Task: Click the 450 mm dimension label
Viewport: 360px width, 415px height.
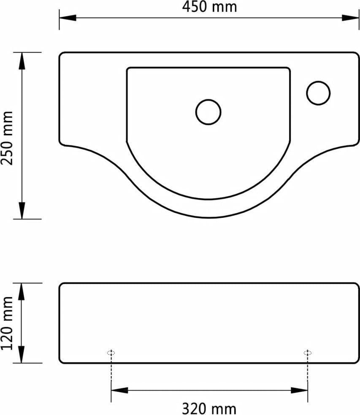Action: coord(209,7)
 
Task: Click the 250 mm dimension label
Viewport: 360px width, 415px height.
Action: coord(7,138)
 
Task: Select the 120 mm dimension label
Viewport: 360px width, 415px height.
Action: coord(7,323)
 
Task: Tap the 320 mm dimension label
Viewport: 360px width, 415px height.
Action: coord(209,409)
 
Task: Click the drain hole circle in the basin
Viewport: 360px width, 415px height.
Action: coord(208,112)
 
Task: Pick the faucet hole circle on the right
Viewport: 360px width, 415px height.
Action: coord(319,93)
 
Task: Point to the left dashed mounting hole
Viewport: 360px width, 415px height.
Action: coord(111,353)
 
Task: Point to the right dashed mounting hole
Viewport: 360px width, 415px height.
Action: coord(307,353)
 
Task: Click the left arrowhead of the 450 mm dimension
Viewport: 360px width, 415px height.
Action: coord(68,18)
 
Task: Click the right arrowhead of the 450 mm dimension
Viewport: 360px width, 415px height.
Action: coord(350,18)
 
